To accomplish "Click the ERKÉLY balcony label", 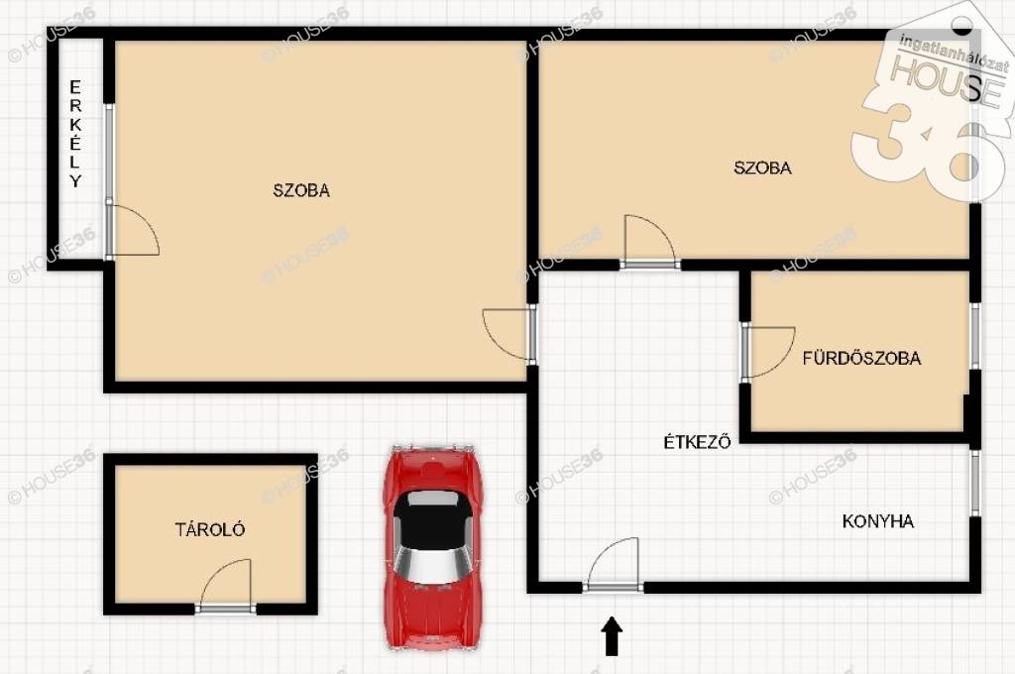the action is [x=75, y=134].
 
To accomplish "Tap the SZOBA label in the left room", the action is [x=301, y=190].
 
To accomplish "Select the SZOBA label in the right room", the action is [x=762, y=168].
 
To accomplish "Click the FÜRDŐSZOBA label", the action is [x=861, y=358].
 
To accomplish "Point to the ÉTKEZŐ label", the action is [x=697, y=441].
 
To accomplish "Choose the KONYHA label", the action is [x=878, y=521].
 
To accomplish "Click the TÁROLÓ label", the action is [x=210, y=529].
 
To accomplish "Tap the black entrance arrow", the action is [x=613, y=635].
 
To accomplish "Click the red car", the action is [x=432, y=546].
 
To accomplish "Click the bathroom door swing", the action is [x=768, y=352].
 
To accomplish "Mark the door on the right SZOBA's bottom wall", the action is [x=650, y=242].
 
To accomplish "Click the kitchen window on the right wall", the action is [x=975, y=483].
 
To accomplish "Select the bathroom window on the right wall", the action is [x=975, y=335].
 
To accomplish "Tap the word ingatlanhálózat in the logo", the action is [x=955, y=51].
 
